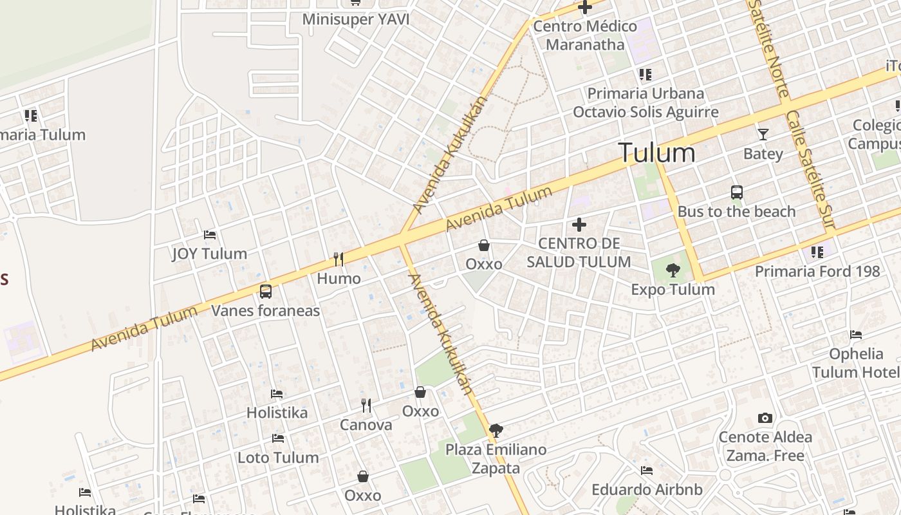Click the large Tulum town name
pyautogui.click(x=656, y=153)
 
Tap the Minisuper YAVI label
pyautogui.click(x=356, y=19)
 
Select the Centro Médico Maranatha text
pyautogui.click(x=585, y=35)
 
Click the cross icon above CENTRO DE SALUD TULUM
pyautogui.click(x=579, y=225)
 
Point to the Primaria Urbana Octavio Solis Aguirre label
pyautogui.click(x=646, y=103)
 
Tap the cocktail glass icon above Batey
pyautogui.click(x=763, y=135)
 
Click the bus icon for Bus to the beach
pyautogui.click(x=737, y=192)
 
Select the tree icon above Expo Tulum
pyautogui.click(x=673, y=270)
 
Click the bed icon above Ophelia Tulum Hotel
pyautogui.click(x=856, y=335)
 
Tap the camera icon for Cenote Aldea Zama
pyautogui.click(x=765, y=418)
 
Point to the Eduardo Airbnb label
pyautogui.click(x=647, y=490)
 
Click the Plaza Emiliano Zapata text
pyautogui.click(x=496, y=458)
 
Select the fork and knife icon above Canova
pyautogui.click(x=366, y=405)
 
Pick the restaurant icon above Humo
pyautogui.click(x=339, y=259)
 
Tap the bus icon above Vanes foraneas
pyautogui.click(x=266, y=292)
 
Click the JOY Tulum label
pyautogui.click(x=209, y=254)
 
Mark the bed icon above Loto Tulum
pyautogui.click(x=278, y=438)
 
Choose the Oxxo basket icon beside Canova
pyautogui.click(x=420, y=392)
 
